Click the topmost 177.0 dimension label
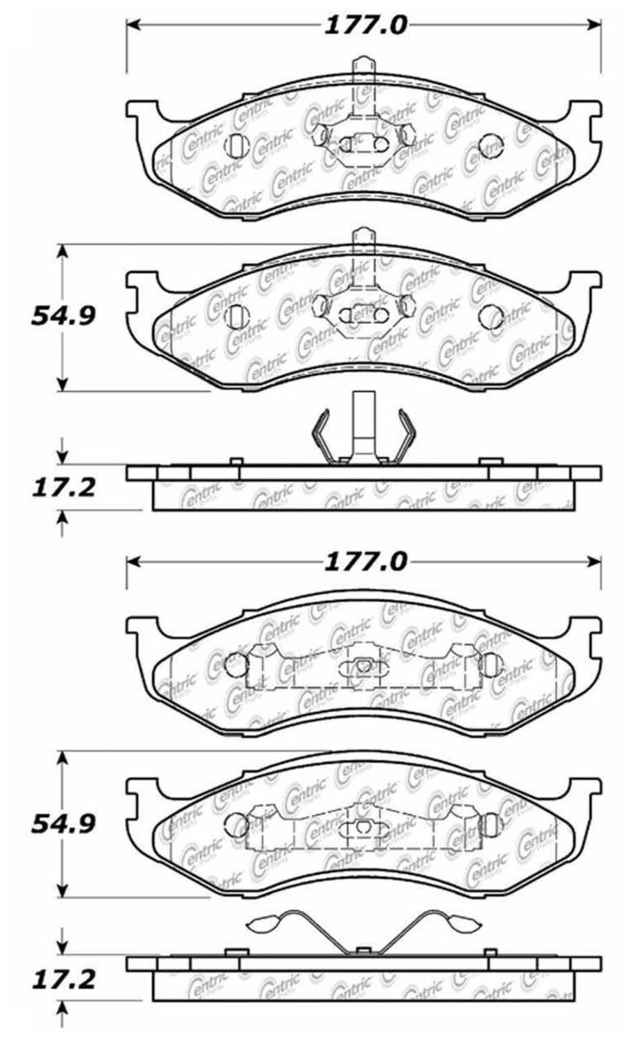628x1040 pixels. click(365, 25)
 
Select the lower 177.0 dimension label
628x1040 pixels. click(365, 562)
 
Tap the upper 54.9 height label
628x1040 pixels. click(63, 316)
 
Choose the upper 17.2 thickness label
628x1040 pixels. click(63, 488)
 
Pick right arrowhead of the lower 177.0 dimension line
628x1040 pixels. click(595, 562)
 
